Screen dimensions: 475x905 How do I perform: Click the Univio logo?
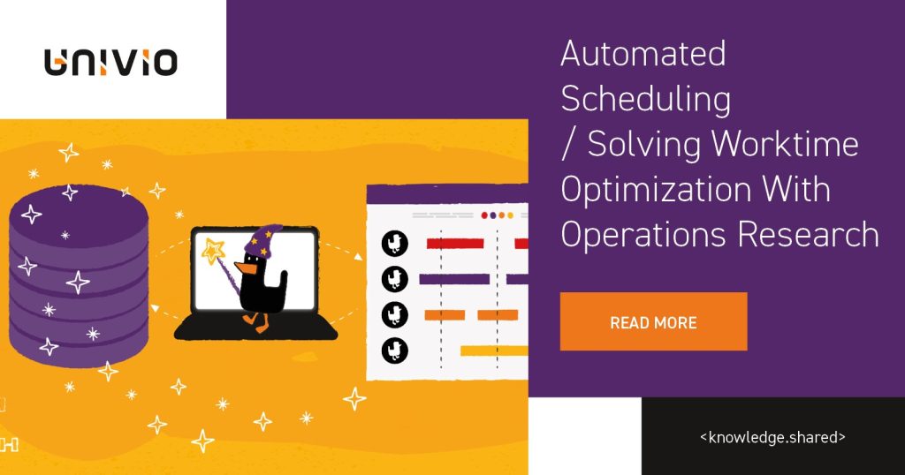(111, 62)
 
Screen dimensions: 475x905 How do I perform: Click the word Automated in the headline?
(643, 55)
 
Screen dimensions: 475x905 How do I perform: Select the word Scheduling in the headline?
(646, 99)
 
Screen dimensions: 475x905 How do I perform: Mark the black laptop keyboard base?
(256, 328)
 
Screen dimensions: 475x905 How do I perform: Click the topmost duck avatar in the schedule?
(394, 244)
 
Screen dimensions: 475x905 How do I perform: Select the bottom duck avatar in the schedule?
(394, 351)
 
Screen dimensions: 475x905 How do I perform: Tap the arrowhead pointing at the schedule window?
(360, 257)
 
